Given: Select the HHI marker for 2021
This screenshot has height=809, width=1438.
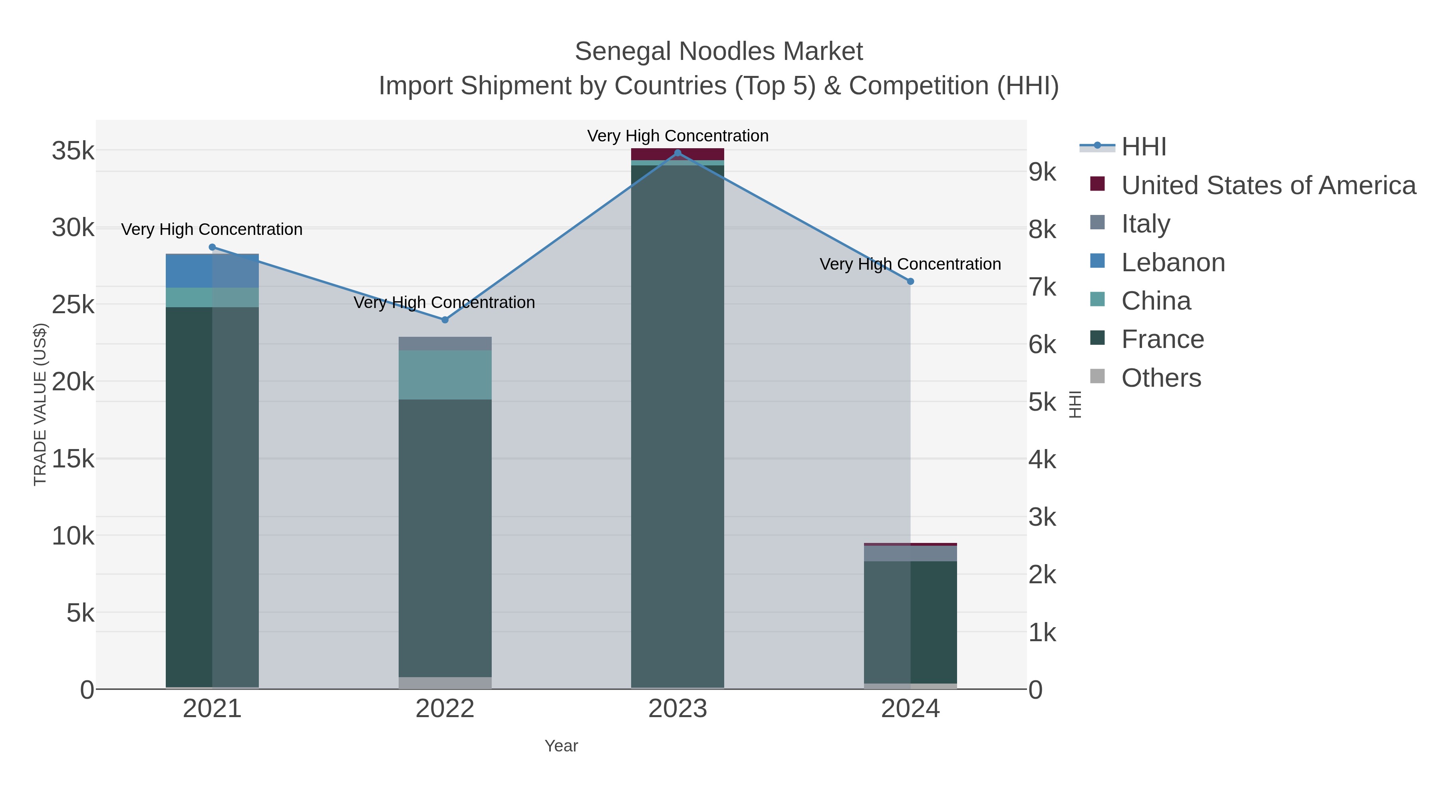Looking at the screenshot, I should tap(212, 247).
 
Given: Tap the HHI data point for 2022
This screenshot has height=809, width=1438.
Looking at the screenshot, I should tap(445, 320).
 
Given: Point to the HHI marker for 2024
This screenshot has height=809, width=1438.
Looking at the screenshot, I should tap(910, 281).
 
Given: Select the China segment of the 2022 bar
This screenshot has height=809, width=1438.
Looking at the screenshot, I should tap(445, 375).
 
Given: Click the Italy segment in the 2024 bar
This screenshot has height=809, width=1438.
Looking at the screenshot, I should tap(910, 553).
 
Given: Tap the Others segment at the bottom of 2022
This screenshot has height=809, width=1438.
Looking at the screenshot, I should tap(445, 683).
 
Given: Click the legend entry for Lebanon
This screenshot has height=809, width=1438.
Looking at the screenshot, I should tap(1173, 262).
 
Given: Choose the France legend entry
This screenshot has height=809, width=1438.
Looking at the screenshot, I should tap(1162, 340).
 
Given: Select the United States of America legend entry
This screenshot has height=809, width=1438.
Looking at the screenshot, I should tap(1268, 185).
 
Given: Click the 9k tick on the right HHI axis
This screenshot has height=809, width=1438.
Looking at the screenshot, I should tap(1042, 173).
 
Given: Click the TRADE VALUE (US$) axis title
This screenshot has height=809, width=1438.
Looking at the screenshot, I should tap(40, 404).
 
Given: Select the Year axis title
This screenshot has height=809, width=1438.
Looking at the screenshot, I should tap(561, 746).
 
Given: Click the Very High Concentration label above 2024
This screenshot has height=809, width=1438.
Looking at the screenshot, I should tap(910, 264).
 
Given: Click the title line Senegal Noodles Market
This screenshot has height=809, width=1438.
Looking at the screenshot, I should tap(719, 52).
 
